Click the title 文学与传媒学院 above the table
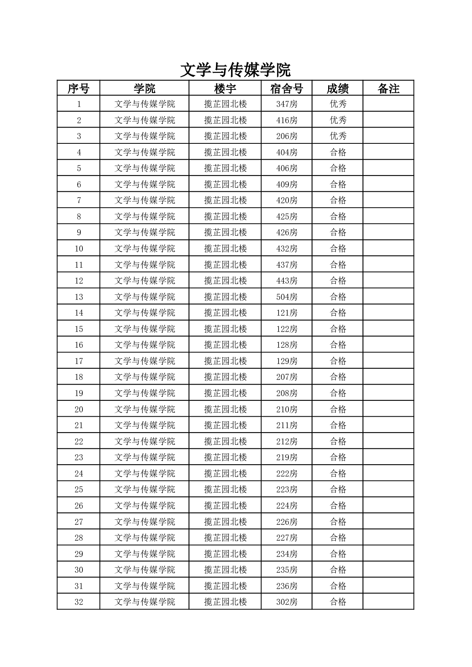(235, 70)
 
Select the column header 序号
(78, 88)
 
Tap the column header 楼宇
(225, 88)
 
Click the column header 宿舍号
(287, 88)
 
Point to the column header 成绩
(338, 88)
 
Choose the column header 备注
(388, 88)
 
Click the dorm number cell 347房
(287, 104)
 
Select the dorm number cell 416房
(287, 120)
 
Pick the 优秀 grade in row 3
(338, 136)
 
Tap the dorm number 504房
(287, 297)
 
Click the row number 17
(79, 361)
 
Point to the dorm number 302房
(287, 602)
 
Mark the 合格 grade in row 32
(338, 602)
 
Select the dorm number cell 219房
(287, 457)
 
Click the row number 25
(79, 490)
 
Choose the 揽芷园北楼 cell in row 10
(225, 249)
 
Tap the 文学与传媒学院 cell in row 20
(145, 409)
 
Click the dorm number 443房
(287, 281)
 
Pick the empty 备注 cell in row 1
(388, 104)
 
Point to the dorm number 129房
(287, 361)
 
